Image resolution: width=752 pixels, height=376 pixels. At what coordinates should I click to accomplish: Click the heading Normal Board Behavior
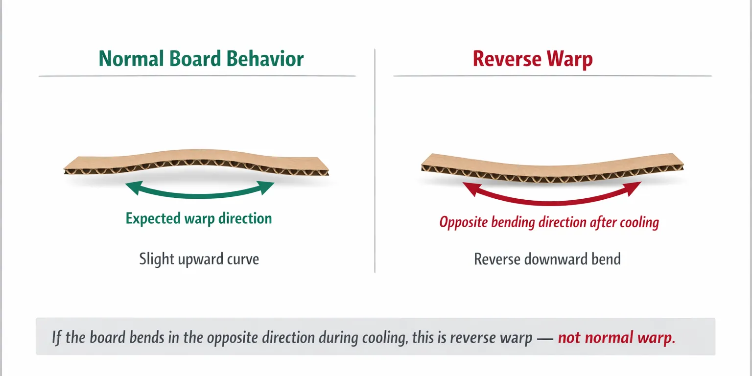tap(201, 59)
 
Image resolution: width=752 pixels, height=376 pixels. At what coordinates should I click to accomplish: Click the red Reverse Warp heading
tap(533, 59)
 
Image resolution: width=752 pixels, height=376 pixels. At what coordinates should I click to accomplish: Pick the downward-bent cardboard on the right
tap(552, 166)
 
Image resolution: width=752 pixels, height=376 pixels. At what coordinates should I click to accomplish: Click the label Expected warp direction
tap(199, 218)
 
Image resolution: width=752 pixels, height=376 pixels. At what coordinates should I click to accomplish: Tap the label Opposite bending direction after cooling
tap(549, 222)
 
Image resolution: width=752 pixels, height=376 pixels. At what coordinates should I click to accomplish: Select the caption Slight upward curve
tap(199, 258)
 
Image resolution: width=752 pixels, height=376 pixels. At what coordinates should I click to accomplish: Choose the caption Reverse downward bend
tap(547, 258)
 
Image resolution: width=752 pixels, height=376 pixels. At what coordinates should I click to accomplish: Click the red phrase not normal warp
tap(616, 338)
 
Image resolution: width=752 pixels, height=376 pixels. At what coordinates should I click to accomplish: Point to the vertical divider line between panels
tap(375, 162)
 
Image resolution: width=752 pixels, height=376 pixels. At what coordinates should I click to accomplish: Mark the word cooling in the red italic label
tap(639, 223)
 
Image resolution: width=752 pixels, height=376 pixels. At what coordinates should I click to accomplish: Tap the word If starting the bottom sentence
tap(57, 338)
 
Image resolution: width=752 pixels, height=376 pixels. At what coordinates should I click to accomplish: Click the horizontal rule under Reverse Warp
tap(552, 76)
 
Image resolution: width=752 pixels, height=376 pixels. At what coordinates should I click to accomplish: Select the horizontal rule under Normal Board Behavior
tap(197, 76)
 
